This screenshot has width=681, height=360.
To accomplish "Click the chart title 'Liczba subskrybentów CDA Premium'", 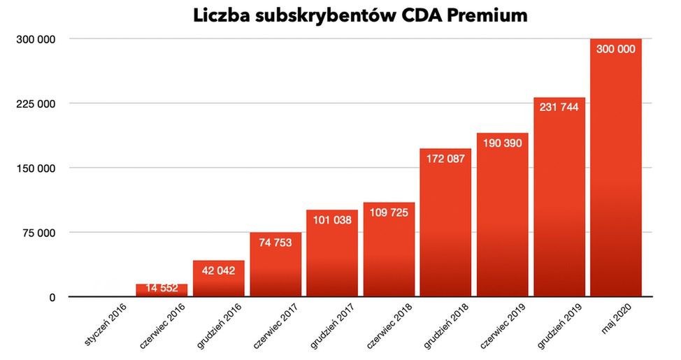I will pyautogui.click(x=361, y=16).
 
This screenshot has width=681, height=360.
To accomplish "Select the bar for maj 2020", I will pyautogui.click(x=616, y=175).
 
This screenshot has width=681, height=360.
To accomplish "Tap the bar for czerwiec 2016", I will pyautogui.click(x=162, y=290).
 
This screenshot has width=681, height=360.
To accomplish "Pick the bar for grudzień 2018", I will pyautogui.click(x=445, y=224).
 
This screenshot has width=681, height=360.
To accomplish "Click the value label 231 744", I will pyautogui.click(x=559, y=108).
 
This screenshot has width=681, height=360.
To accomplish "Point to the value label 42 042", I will pyautogui.click(x=218, y=271).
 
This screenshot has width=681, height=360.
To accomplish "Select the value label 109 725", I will pyautogui.click(x=389, y=213).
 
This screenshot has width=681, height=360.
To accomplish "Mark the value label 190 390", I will pyautogui.click(x=502, y=143).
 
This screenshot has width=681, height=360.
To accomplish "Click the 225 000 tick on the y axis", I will pyautogui.click(x=36, y=104).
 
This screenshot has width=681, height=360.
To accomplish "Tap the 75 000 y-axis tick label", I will pyautogui.click(x=39, y=233).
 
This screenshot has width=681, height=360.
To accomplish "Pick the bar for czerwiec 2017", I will pyautogui.click(x=275, y=266).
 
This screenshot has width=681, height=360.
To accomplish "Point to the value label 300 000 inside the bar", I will pyautogui.click(x=616, y=50).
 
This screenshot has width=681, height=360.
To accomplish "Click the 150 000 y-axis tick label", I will pyautogui.click(x=36, y=168).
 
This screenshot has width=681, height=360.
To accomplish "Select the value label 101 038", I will pyautogui.click(x=332, y=219).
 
